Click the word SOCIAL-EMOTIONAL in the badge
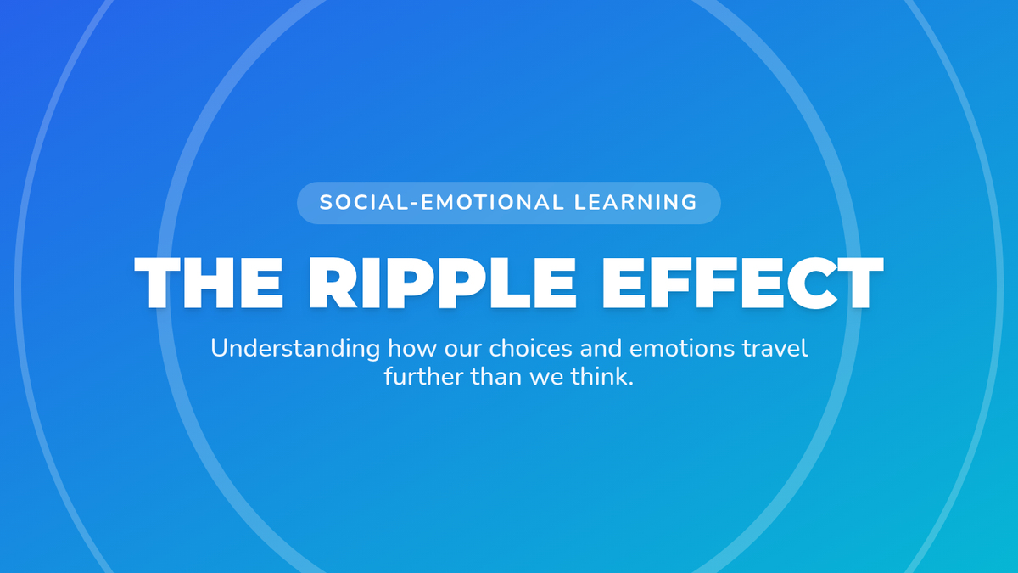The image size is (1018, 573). (442, 202)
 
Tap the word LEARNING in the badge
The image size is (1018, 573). (635, 202)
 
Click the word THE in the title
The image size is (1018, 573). (209, 283)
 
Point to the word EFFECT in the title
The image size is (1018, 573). (743, 283)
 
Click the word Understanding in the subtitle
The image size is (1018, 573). (295, 349)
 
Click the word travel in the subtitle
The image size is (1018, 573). (775, 348)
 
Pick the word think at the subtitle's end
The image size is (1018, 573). (599, 377)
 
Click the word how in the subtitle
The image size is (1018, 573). (412, 348)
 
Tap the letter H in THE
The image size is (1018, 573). (210, 283)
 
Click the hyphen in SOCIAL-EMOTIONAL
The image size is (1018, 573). (414, 204)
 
